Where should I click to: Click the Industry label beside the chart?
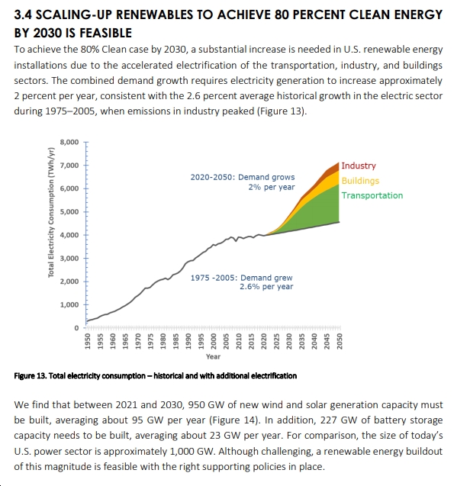pyautogui.click(x=359, y=166)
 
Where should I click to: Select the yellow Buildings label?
pyautogui.click(x=360, y=181)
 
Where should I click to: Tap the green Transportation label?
pyautogui.click(x=372, y=195)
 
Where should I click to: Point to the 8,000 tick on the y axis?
pyautogui.click(x=69, y=142)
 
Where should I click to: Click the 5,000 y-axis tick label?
pyautogui.click(x=69, y=212)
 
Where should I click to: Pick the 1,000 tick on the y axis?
pyautogui.click(x=69, y=304)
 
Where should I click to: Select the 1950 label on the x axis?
pyautogui.click(x=88, y=341)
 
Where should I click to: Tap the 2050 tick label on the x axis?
pyautogui.click(x=340, y=341)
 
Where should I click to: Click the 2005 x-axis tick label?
pyautogui.click(x=226, y=341)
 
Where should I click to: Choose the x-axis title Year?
pyautogui.click(x=214, y=357)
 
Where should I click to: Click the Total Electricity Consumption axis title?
pyautogui.click(x=51, y=212)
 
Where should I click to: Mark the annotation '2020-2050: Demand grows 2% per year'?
pyautogui.click(x=243, y=182)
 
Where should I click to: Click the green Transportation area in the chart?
pyautogui.click(x=320, y=211)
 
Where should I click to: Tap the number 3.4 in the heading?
pyautogui.click(x=23, y=14)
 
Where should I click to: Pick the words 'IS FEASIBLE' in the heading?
pyautogui.click(x=98, y=33)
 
